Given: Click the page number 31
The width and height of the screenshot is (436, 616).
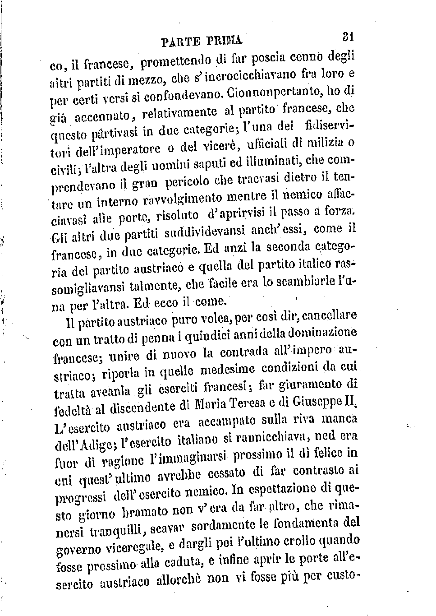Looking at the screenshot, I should click(347, 36).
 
